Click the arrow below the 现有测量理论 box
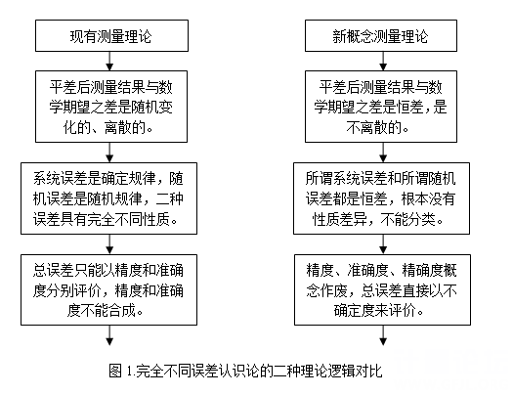(x=109, y=61)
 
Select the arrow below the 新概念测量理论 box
(x=383, y=61)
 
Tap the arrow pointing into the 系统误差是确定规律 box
(x=109, y=153)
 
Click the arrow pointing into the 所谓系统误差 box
(x=383, y=153)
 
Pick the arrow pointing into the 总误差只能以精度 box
(x=109, y=244)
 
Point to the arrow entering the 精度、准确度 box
(x=383, y=244)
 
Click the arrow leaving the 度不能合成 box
(x=109, y=335)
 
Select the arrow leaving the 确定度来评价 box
(x=383, y=335)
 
